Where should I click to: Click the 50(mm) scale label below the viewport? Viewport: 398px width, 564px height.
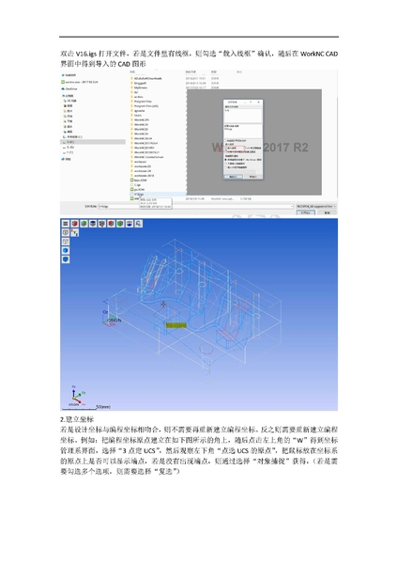click(x=98, y=406)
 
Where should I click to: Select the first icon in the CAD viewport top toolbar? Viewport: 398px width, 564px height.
click(x=66, y=224)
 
